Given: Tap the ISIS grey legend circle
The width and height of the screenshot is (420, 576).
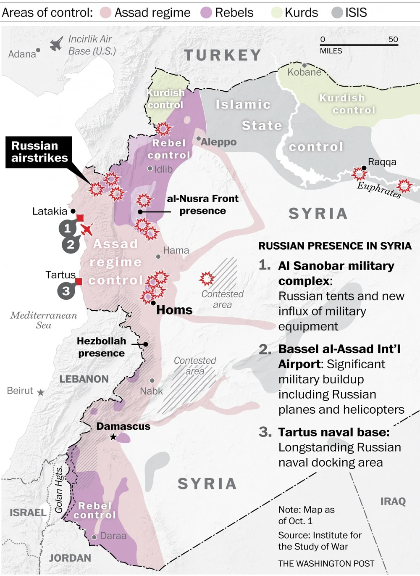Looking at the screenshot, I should (337, 13).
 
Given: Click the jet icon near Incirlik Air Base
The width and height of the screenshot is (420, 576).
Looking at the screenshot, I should (56, 44).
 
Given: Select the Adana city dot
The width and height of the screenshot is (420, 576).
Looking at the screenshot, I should (38, 50).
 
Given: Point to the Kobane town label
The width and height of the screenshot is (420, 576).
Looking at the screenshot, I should (304, 72).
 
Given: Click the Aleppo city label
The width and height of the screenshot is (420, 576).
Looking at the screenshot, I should (218, 142).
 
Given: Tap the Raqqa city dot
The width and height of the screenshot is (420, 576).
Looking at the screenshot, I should (364, 168).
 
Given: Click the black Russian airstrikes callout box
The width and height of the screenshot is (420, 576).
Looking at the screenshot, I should (39, 152).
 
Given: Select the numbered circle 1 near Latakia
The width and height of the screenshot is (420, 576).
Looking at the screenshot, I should (67, 228).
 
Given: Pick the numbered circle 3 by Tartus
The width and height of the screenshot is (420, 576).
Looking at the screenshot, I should (66, 291).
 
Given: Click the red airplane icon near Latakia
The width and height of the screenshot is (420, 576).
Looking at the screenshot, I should (87, 230).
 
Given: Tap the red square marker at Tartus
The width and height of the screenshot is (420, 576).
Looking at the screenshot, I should (79, 281).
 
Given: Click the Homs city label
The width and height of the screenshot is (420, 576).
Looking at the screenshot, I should (174, 310).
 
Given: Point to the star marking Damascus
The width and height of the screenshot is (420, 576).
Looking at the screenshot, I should (113, 437).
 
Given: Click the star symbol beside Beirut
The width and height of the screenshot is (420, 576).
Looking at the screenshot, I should (41, 393).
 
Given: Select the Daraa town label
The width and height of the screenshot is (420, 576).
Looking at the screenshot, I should (113, 536).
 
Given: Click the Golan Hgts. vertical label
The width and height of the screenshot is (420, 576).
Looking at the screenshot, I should (59, 490).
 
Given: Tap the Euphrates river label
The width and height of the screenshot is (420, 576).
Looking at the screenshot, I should (379, 190).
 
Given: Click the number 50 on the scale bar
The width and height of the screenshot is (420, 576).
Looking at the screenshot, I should (393, 39).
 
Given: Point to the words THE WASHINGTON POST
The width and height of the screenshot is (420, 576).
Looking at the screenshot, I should (326, 563).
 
